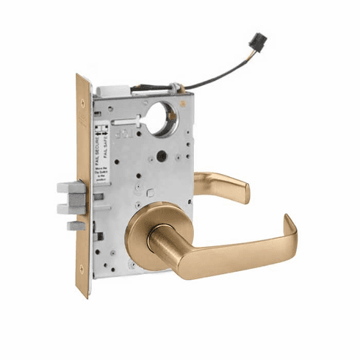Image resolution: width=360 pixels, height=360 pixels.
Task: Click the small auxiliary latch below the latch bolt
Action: coord(74,223)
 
